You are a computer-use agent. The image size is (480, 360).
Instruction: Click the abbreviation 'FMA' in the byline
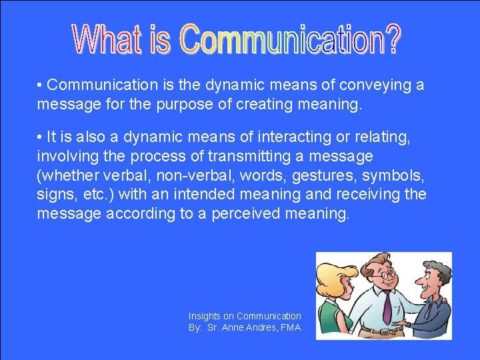291,327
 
